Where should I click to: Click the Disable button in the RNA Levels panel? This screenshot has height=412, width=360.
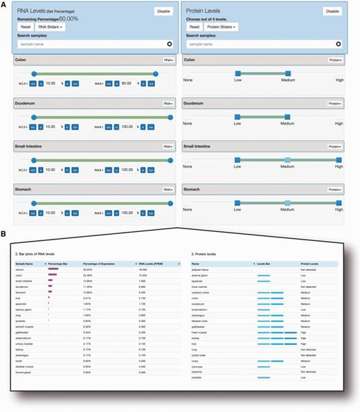163,11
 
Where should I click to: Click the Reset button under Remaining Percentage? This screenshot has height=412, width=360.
25,27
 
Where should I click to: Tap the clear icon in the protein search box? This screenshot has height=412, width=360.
338,44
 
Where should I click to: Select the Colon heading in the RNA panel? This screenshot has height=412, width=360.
22,60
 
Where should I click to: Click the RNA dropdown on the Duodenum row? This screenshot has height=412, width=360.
167,103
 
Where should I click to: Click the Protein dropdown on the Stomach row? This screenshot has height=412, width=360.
335,188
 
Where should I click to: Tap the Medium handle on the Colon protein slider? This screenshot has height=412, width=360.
288,73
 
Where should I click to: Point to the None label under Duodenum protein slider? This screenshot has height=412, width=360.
188,124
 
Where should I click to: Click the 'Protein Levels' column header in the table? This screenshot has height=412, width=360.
310,264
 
